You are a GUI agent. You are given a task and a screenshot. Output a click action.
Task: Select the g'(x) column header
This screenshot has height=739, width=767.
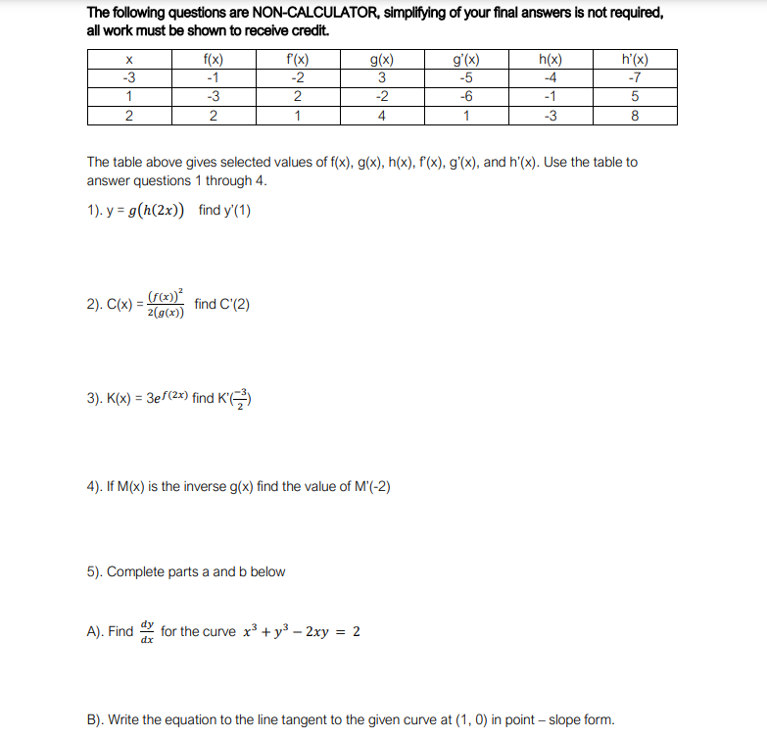click(x=466, y=60)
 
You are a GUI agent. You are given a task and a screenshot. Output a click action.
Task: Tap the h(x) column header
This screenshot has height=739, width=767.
click(x=551, y=60)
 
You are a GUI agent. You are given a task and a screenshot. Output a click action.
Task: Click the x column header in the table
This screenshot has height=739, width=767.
click(x=129, y=60)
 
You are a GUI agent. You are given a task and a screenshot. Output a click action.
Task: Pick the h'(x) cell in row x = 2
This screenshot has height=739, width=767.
click(x=635, y=116)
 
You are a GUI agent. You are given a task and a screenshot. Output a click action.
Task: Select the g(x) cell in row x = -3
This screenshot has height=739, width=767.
click(x=382, y=78)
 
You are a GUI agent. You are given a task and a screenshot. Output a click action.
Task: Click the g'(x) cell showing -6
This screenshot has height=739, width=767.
click(x=466, y=97)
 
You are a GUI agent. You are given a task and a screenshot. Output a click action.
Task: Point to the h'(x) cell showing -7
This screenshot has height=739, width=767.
click(x=635, y=78)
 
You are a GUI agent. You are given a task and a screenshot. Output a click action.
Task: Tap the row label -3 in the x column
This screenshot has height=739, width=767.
click(x=129, y=78)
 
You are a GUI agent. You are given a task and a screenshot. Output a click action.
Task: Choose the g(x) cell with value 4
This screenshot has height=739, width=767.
click(x=382, y=116)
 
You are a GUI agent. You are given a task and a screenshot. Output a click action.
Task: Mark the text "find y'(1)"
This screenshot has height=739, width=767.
click(x=224, y=211)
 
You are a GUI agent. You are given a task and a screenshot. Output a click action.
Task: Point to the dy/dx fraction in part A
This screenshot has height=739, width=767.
click(x=147, y=631)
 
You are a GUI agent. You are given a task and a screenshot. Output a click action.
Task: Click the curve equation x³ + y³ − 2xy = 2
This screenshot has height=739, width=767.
click(x=301, y=631)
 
